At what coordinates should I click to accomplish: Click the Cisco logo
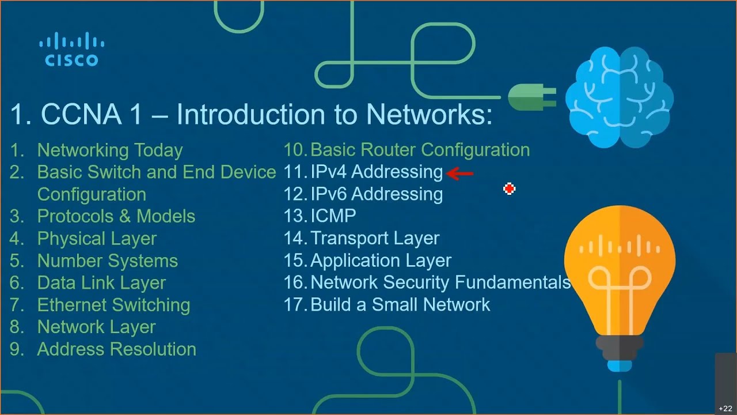tap(72, 49)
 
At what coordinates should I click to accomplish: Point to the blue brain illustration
tap(619, 97)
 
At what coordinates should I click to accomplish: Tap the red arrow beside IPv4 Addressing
tap(459, 173)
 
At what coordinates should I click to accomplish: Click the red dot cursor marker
tap(509, 188)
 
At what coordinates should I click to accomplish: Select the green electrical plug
tap(532, 97)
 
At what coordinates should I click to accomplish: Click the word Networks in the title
tap(429, 114)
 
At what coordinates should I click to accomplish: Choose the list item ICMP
tap(333, 216)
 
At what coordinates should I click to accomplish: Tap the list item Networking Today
tap(110, 150)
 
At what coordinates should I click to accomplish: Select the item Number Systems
tap(108, 261)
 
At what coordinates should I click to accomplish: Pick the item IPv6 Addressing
tap(377, 194)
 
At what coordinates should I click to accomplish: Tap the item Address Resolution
tap(117, 349)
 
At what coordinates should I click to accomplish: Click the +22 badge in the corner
tap(725, 409)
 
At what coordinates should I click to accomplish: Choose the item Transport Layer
tap(375, 239)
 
